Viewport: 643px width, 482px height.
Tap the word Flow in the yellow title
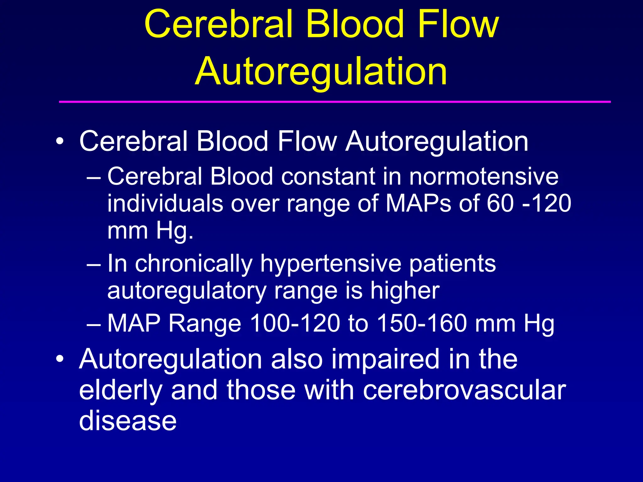point(458,24)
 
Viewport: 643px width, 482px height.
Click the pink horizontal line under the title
point(335,102)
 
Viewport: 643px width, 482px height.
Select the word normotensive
point(484,176)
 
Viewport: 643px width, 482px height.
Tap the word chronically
point(194,264)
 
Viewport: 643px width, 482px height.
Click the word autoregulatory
point(186,291)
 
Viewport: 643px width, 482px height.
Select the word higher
point(405,291)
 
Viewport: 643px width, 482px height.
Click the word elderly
point(121,390)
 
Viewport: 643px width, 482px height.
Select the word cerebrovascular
point(464,390)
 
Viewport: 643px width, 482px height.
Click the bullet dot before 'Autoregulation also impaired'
point(60,359)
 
